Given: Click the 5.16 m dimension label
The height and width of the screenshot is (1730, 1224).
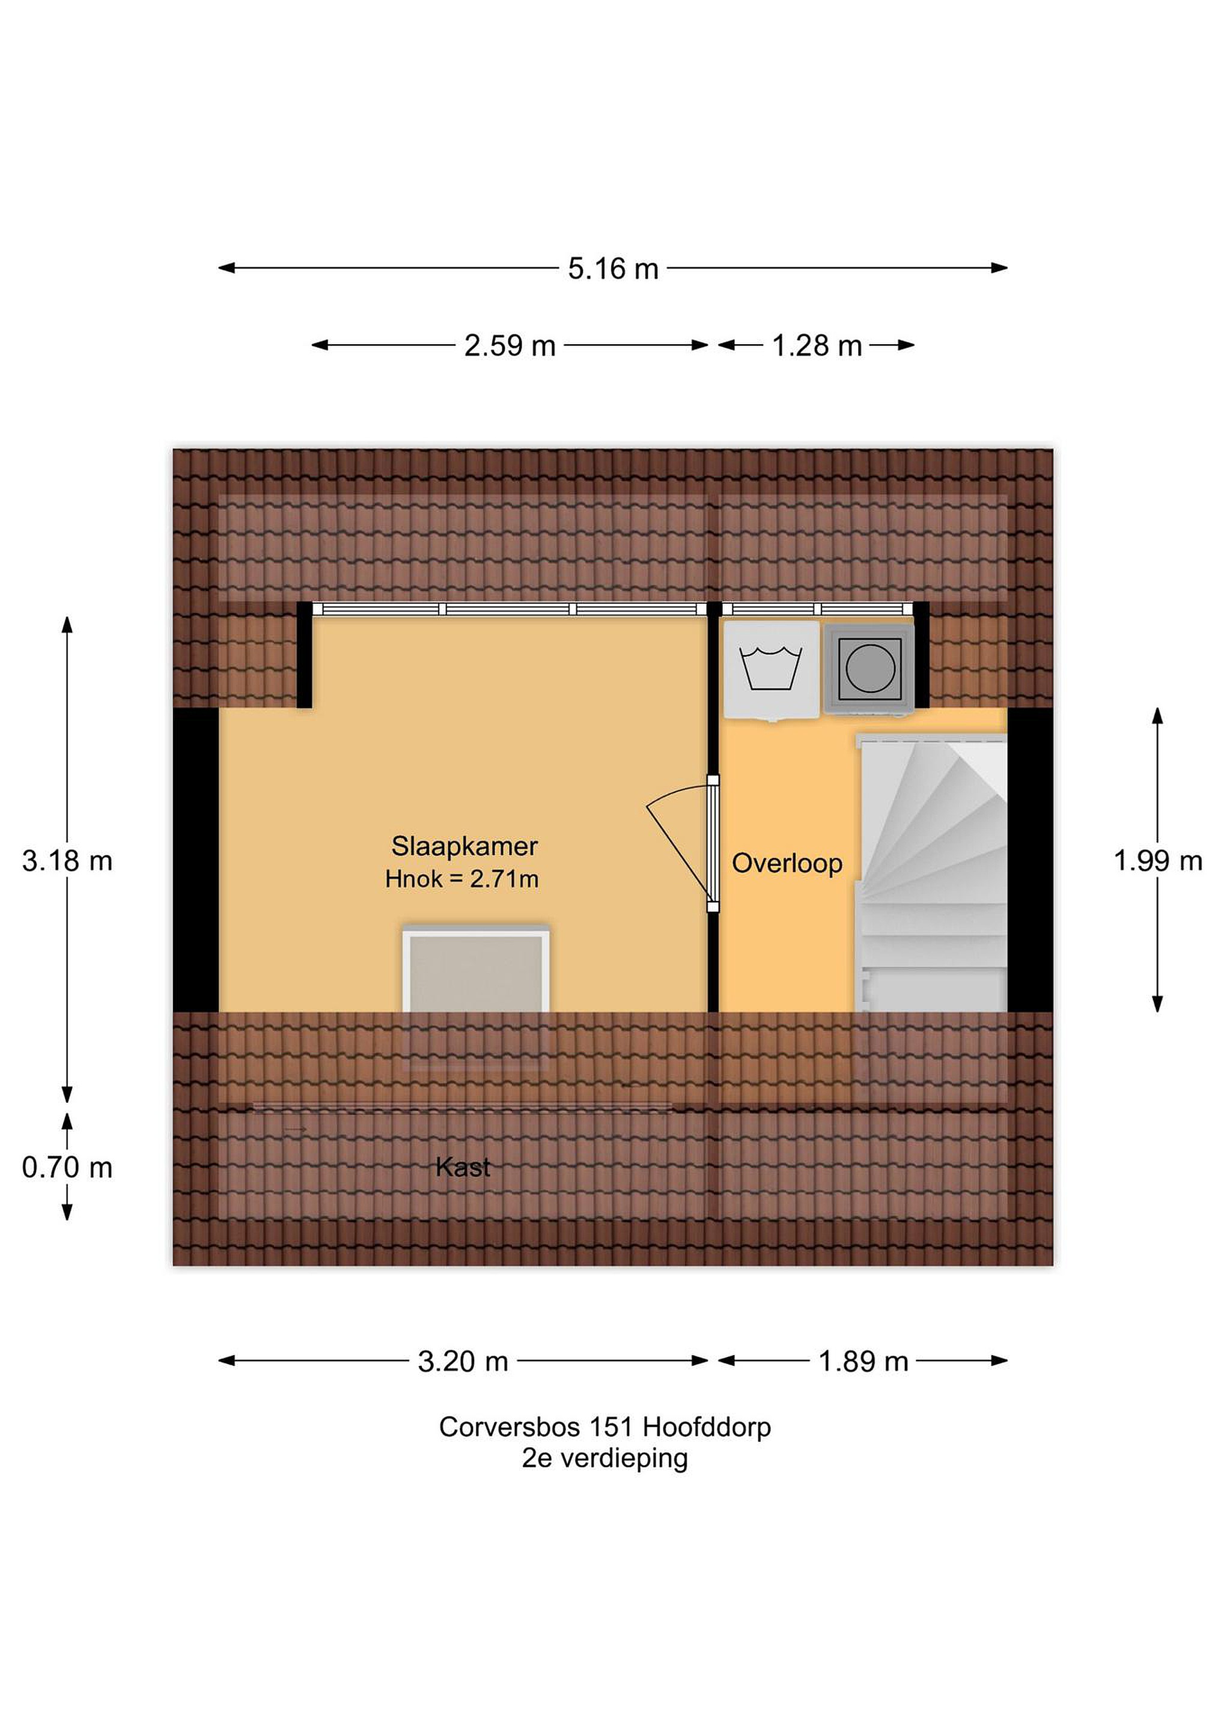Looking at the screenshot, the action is (613, 269).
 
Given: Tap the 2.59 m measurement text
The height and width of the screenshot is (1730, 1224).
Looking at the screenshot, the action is (510, 346).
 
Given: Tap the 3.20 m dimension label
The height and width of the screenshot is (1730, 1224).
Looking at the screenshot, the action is (463, 1362).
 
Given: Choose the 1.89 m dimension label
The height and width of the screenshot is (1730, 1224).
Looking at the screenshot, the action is (863, 1362).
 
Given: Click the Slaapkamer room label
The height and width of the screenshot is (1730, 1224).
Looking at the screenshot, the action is (464, 846).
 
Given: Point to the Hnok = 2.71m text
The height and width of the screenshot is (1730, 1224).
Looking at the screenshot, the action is (462, 879).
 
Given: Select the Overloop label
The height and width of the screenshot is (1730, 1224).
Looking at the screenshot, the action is (787, 863).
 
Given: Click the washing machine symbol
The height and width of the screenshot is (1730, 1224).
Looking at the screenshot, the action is (771, 670).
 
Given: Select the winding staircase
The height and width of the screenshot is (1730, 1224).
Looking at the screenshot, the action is (931, 874).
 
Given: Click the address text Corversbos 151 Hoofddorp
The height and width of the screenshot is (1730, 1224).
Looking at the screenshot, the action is (605, 1427).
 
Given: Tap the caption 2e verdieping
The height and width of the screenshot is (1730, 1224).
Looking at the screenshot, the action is (605, 1458).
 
